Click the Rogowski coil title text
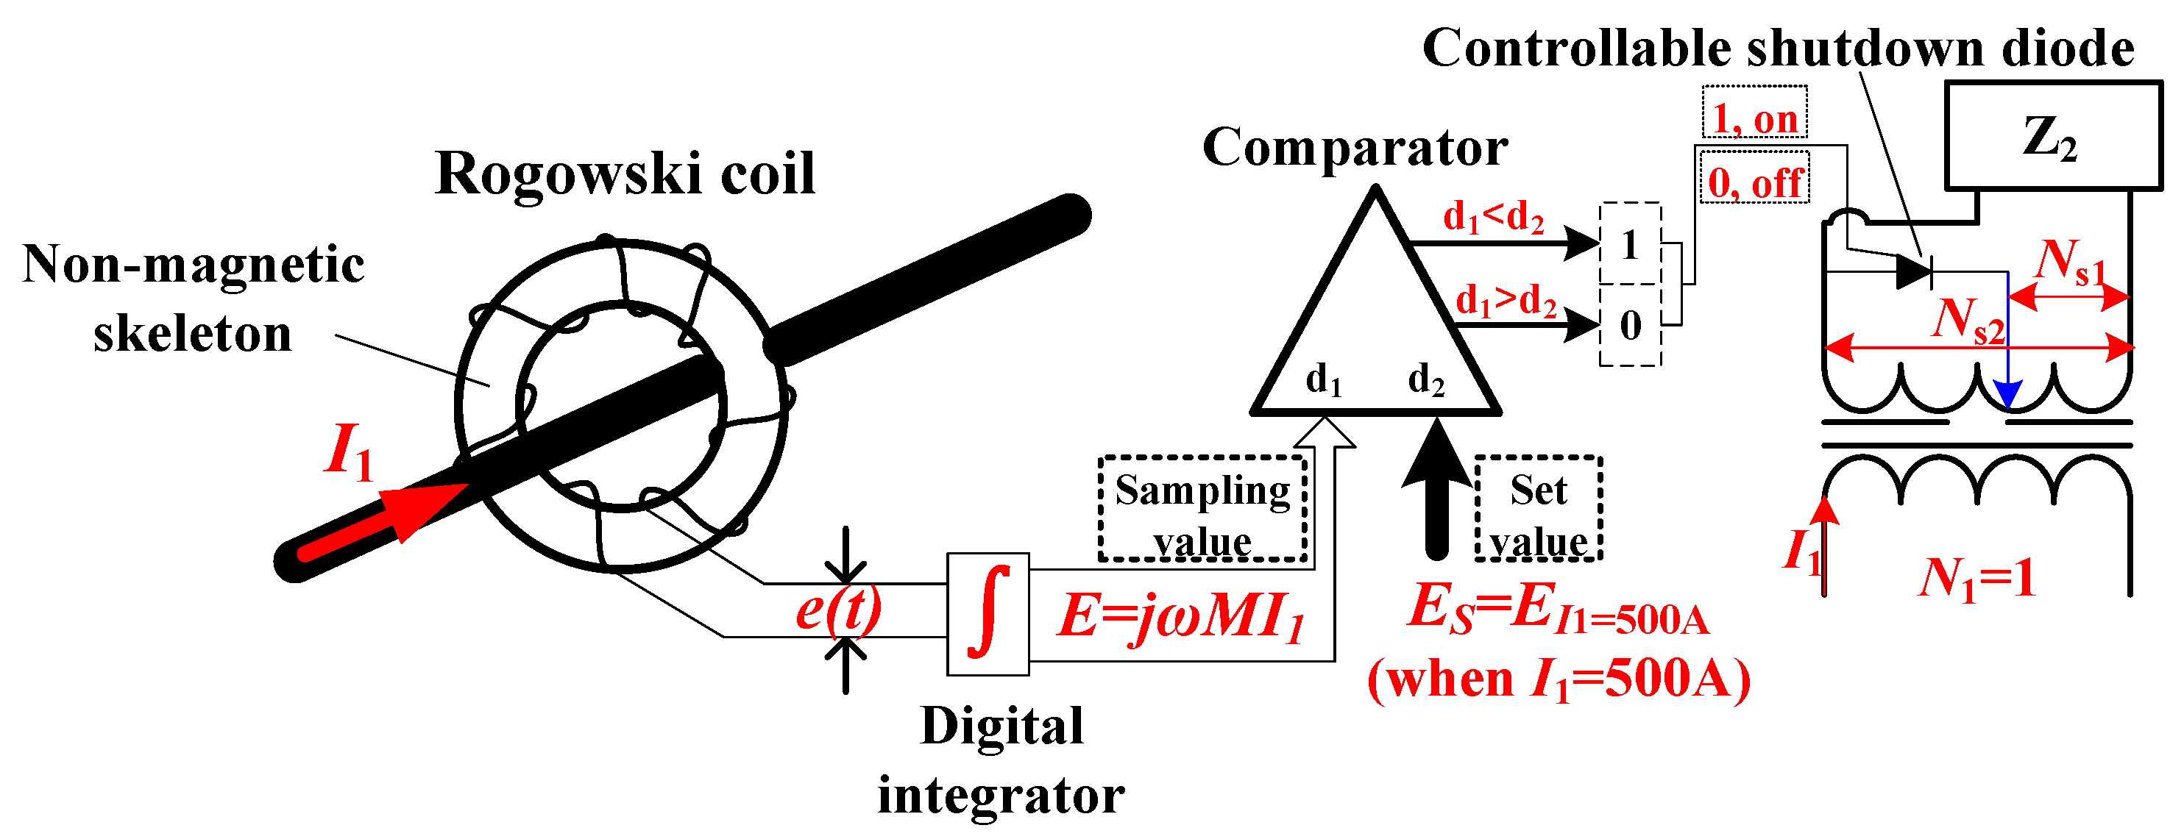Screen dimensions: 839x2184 [x=625, y=174]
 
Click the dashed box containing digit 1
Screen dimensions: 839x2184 [x=1629, y=244]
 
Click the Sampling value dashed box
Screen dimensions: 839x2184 [x=1202, y=510]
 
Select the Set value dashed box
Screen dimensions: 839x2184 [x=1538, y=510]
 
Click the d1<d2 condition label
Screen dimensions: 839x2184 [x=1494, y=218]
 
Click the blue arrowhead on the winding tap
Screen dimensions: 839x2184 [x=2007, y=393]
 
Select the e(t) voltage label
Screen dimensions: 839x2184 [x=837, y=609]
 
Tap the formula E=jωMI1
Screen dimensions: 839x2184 [x=1180, y=615]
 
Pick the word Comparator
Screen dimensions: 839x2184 [x=1355, y=148]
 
